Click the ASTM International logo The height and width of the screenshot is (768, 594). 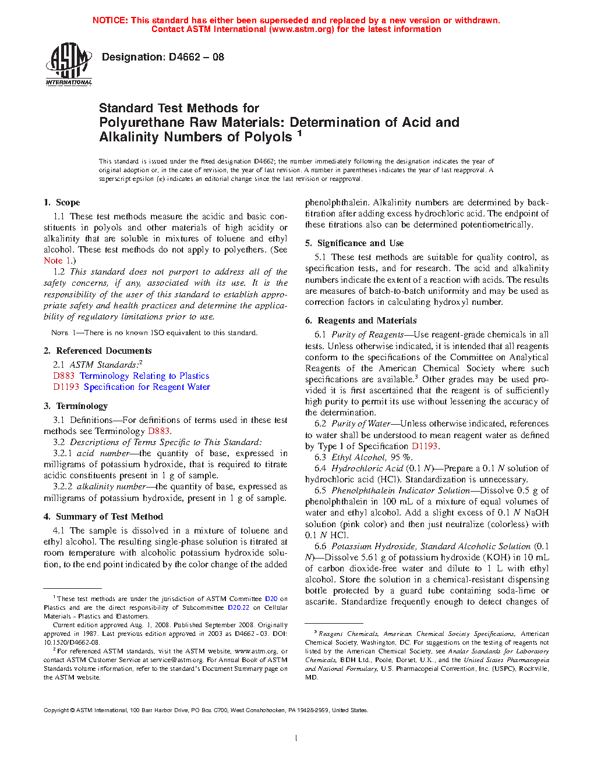pyautogui.click(x=69, y=64)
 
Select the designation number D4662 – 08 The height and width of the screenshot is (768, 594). pyautogui.click(x=196, y=57)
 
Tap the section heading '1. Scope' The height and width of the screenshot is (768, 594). pyautogui.click(x=62, y=202)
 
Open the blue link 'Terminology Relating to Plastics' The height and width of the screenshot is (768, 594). pyautogui.click(x=144, y=376)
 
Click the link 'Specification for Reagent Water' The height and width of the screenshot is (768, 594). pyautogui.click(x=147, y=387)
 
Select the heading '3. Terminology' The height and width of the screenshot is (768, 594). pyautogui.click(x=76, y=406)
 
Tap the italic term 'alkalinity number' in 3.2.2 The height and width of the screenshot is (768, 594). pyautogui.click(x=111, y=486)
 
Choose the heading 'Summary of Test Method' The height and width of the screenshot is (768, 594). pyautogui.click(x=109, y=517)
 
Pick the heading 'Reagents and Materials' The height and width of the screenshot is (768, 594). pyautogui.click(x=367, y=321)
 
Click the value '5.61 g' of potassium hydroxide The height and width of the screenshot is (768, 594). pyautogui.click(x=365, y=557)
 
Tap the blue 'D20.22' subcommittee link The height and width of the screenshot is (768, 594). pyautogui.click(x=238, y=607)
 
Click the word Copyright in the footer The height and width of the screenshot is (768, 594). pyautogui.click(x=56, y=710)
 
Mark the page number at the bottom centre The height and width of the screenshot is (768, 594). pyautogui.click(x=296, y=738)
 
